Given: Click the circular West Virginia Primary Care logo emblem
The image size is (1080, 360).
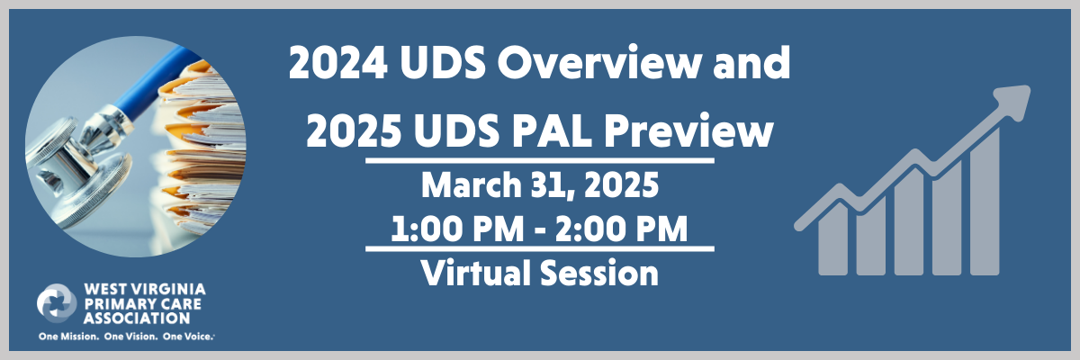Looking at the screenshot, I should [57, 303].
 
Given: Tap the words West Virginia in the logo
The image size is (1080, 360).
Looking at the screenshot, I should [143, 289].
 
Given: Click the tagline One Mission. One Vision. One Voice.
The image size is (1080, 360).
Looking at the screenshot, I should [127, 337].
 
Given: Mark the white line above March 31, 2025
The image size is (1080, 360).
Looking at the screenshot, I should [540, 161].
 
